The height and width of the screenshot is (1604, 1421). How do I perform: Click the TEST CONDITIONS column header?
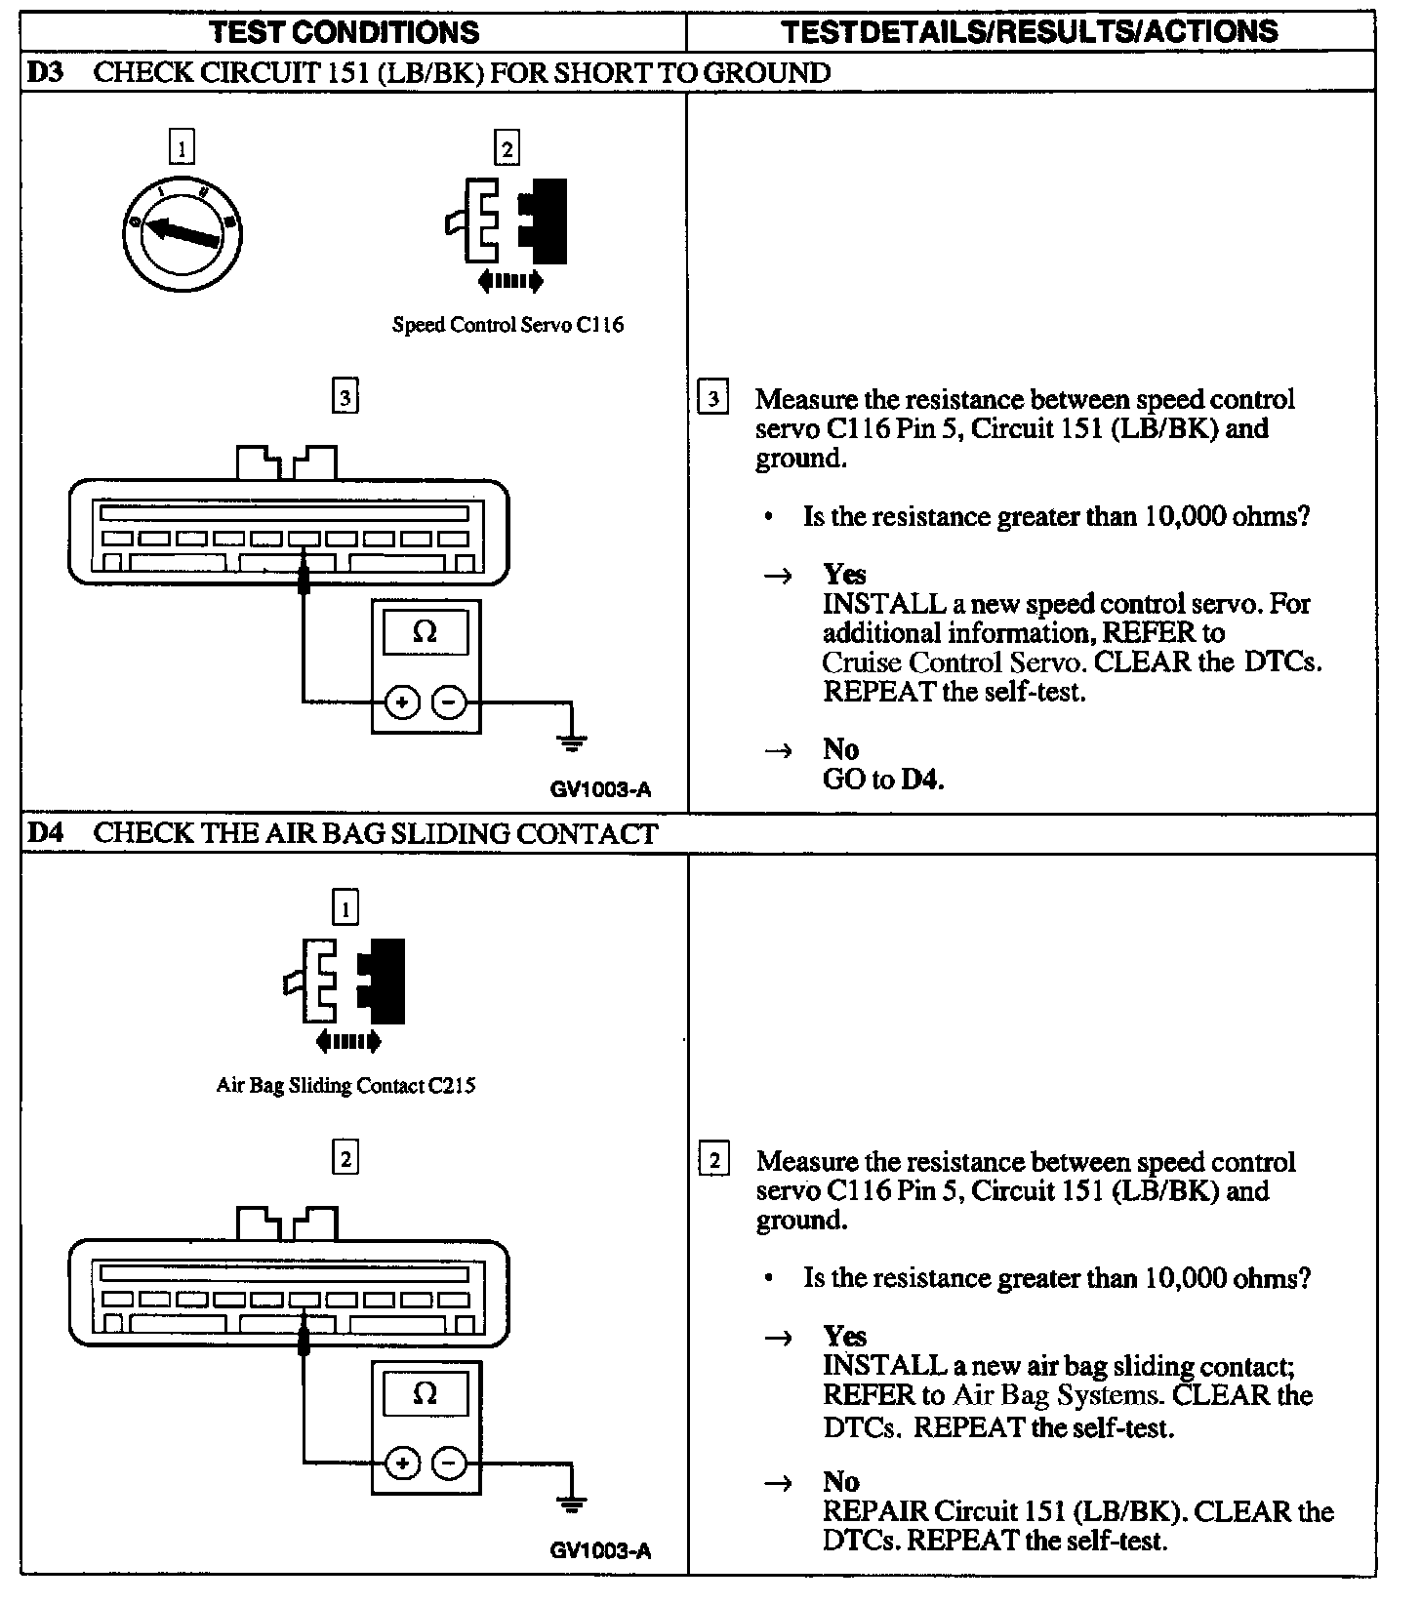click(345, 31)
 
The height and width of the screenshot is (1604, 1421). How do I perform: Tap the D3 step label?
click(44, 73)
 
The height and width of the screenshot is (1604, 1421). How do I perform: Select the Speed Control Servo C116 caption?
click(507, 325)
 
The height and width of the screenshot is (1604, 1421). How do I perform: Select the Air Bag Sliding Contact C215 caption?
click(345, 1085)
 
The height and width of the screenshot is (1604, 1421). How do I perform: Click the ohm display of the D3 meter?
click(426, 632)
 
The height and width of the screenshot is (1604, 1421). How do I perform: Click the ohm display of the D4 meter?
click(426, 1392)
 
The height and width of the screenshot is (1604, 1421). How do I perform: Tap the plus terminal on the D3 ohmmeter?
click(402, 702)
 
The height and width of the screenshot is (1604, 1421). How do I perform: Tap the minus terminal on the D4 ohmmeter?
click(449, 1463)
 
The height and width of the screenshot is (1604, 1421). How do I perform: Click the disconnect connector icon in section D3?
click(507, 230)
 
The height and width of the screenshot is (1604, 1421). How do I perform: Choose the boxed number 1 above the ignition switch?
click(182, 148)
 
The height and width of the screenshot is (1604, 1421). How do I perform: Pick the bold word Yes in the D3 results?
click(844, 574)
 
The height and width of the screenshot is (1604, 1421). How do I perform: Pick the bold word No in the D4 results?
click(840, 1482)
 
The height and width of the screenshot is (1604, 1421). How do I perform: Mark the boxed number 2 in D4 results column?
click(714, 1161)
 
